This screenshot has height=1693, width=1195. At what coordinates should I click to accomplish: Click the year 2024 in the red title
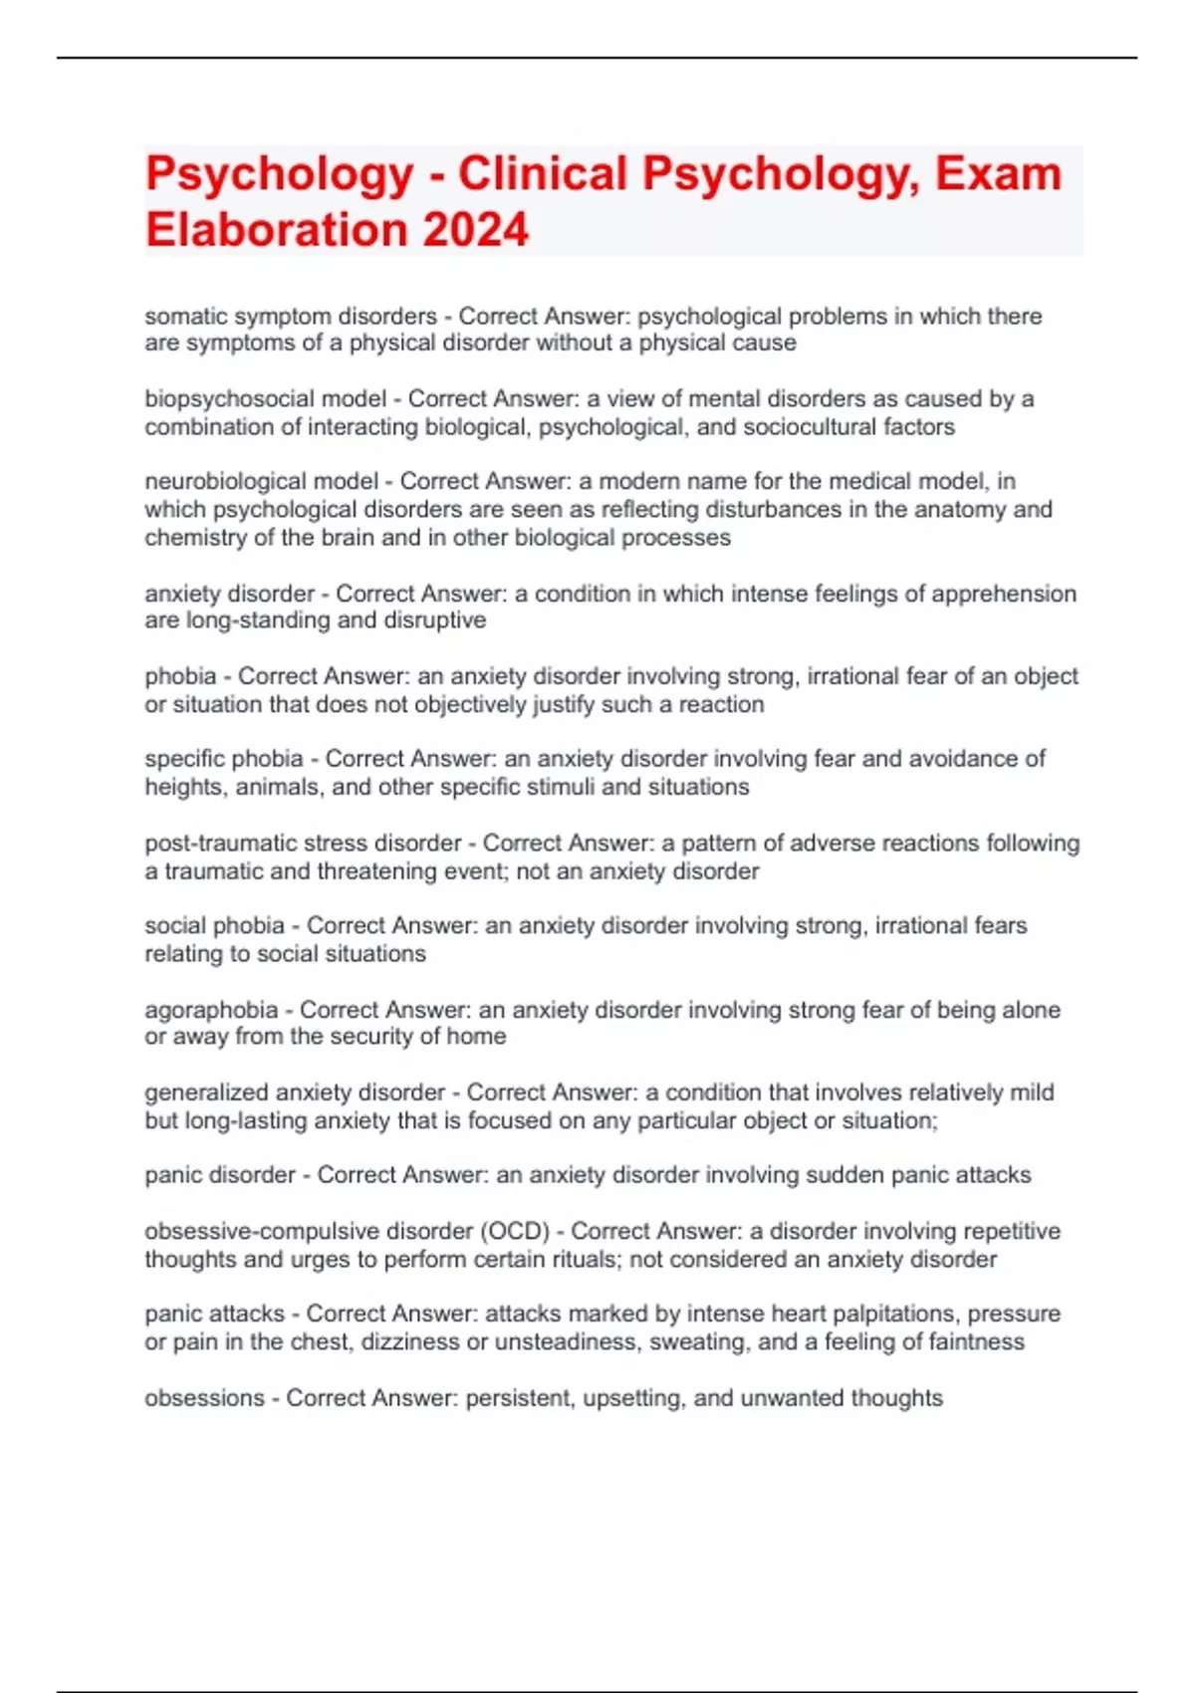pyautogui.click(x=475, y=230)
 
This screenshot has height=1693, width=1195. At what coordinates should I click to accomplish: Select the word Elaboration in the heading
pyautogui.click(x=276, y=230)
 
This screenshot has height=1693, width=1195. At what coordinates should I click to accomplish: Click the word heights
pyautogui.click(x=184, y=787)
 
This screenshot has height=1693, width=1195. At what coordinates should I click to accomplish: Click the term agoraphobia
pyautogui.click(x=211, y=1010)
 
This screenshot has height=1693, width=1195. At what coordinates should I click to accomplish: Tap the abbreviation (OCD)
pyautogui.click(x=516, y=1231)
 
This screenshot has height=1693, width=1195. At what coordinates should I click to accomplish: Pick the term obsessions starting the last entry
pyautogui.click(x=204, y=1398)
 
